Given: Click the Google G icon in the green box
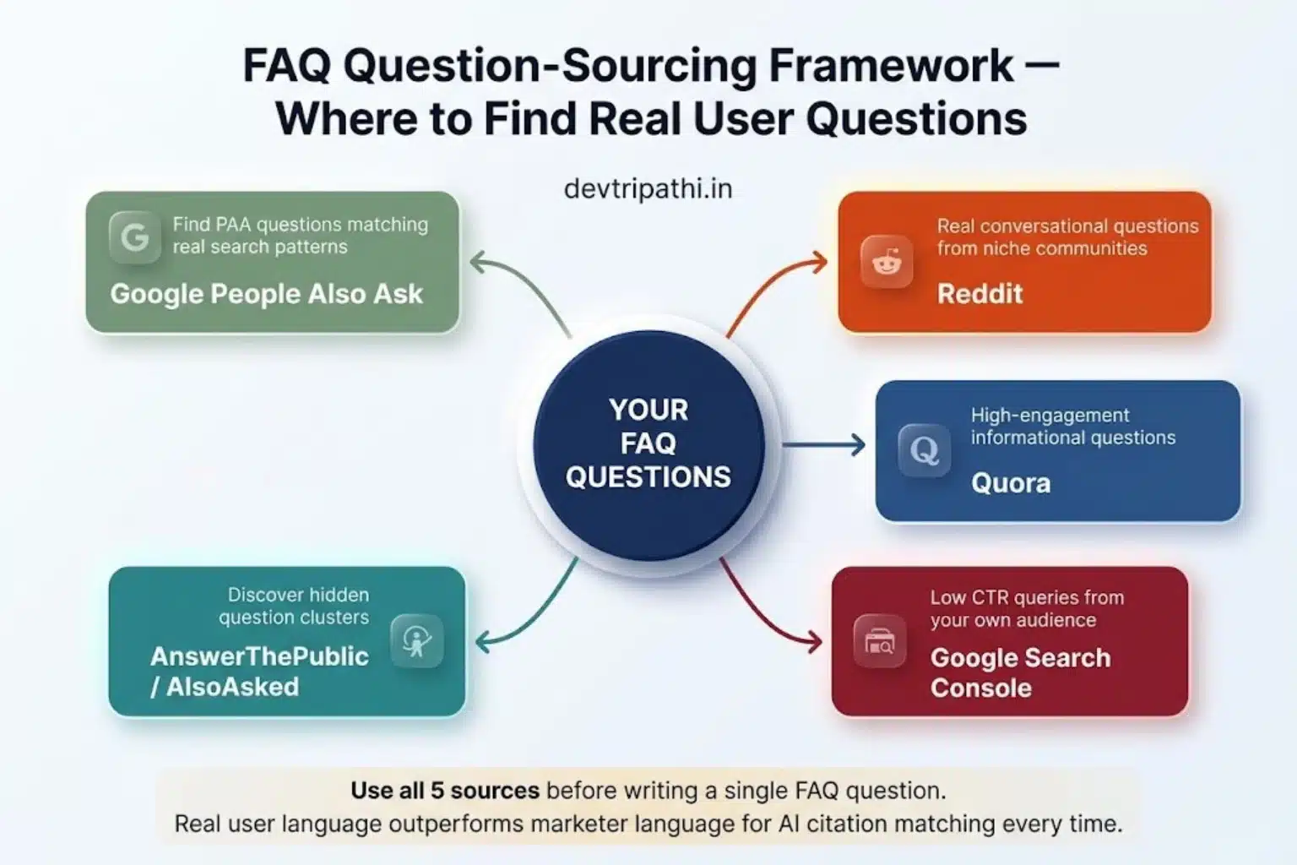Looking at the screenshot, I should (x=135, y=237).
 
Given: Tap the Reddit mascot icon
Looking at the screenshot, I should (x=887, y=262).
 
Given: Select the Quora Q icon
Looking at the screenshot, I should (x=924, y=450).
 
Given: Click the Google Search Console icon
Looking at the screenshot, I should (x=879, y=642).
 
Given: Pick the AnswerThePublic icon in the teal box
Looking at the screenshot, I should (x=417, y=641).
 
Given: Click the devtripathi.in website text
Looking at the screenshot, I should (x=648, y=188).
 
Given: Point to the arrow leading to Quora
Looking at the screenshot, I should (x=823, y=444).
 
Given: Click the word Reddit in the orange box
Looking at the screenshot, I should (x=980, y=294).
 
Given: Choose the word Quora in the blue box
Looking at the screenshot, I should (x=1011, y=483).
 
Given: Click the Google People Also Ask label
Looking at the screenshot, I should (x=266, y=294).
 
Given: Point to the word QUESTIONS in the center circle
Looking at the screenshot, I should (x=648, y=477).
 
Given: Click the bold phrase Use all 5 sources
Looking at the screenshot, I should (x=445, y=791).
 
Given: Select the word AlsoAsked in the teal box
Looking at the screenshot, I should (x=232, y=687).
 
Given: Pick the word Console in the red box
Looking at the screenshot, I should (x=981, y=688).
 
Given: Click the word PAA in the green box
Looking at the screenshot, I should (x=233, y=225).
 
